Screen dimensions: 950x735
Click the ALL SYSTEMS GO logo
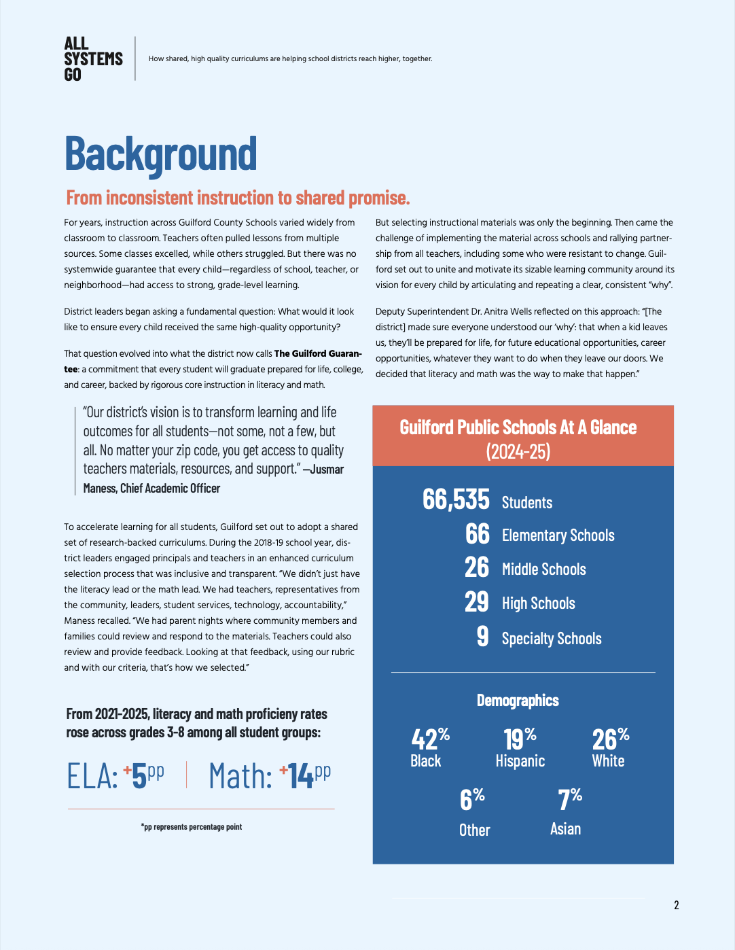coord(93,59)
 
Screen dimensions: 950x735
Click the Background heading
coord(161,154)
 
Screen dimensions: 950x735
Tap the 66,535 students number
coord(456,499)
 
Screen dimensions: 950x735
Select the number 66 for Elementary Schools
coord(477,534)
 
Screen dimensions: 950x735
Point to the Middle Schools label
coord(543,569)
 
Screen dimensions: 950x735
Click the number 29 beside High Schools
coord(477,602)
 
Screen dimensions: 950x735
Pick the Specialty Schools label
coord(552,639)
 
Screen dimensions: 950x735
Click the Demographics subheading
coord(518,701)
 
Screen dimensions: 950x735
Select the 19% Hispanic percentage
coord(520,738)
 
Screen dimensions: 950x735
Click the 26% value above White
coord(610,738)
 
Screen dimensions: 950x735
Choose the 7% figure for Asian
coord(570,799)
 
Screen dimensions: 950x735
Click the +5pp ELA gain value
coord(143,775)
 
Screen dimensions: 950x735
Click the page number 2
coord(676,905)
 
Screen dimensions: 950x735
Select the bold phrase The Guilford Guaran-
coord(318,353)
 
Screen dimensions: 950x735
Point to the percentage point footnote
coord(192,827)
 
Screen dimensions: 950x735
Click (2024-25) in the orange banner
coord(518,451)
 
